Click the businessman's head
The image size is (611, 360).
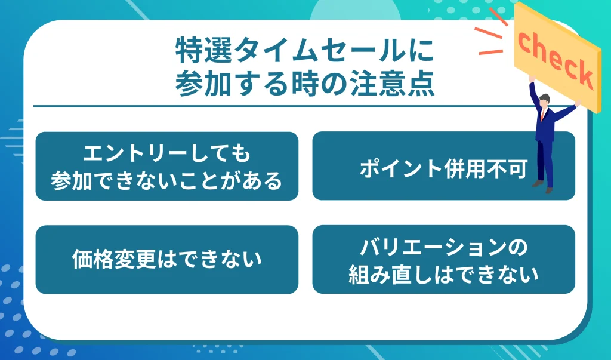[x=544, y=102]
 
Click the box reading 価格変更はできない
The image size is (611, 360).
[x=166, y=259]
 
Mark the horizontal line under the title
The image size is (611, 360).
[x=280, y=106]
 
